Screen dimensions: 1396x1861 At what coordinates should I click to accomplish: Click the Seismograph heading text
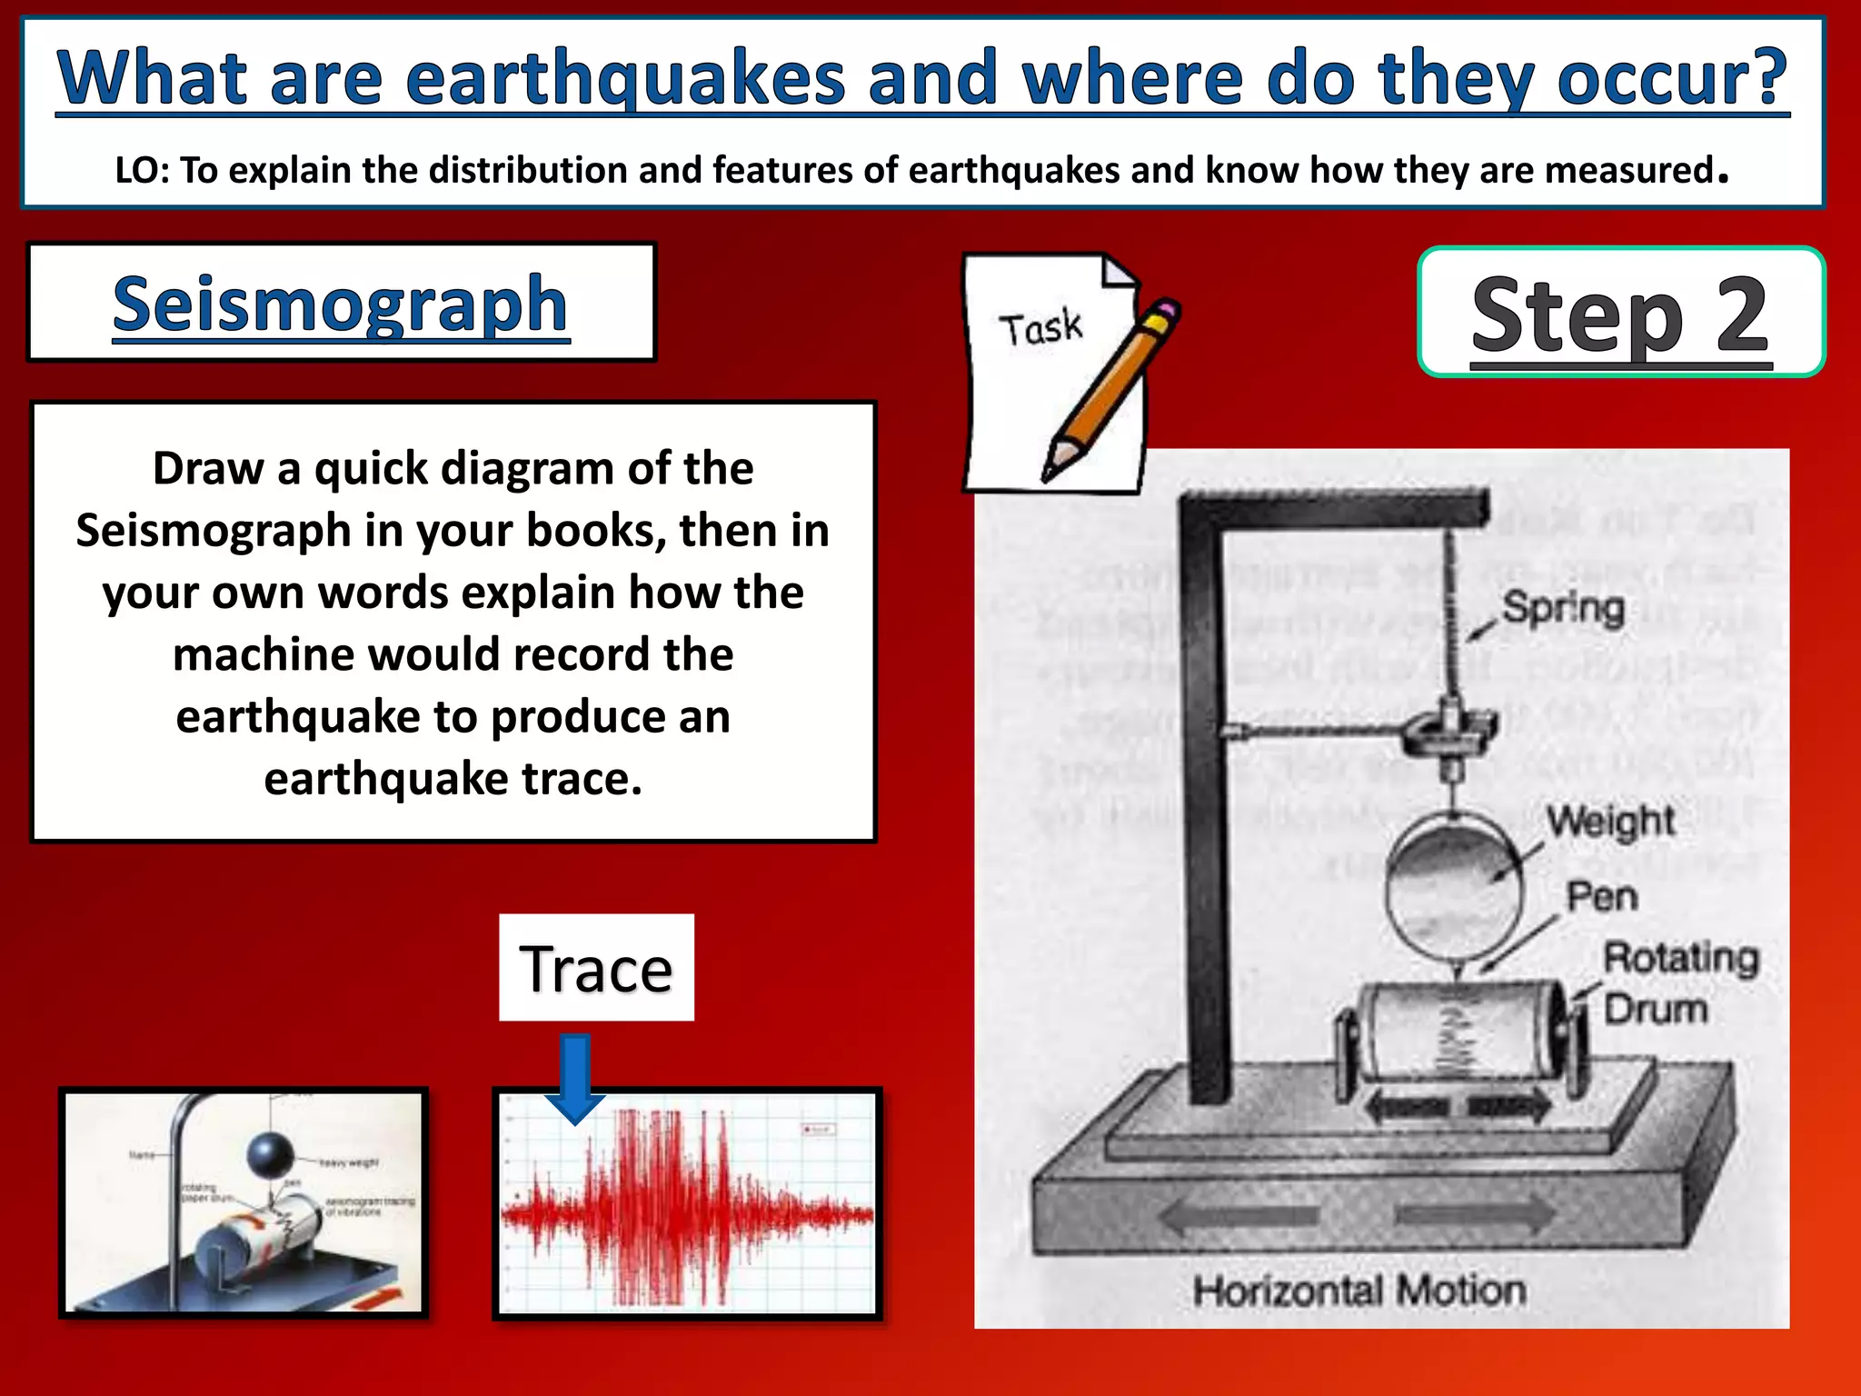(341, 304)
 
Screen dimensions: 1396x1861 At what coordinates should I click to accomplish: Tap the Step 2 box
(1620, 312)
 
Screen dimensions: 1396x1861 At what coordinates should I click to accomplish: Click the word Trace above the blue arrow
(595, 968)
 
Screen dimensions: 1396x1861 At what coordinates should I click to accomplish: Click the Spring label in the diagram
(1563, 608)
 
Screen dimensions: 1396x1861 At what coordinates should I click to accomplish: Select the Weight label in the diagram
(1610, 821)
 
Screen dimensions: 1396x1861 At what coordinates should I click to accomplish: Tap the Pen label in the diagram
(1602, 897)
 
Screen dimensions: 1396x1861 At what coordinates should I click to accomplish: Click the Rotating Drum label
(1679, 982)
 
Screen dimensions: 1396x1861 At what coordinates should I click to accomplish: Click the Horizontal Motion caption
(1358, 1291)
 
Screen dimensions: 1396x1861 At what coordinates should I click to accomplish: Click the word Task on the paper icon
(1040, 328)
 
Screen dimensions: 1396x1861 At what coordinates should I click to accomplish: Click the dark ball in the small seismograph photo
(271, 1154)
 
